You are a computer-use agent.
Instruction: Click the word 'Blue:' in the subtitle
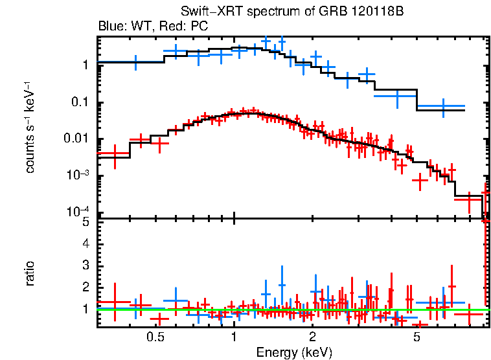pyautogui.click(x=111, y=27)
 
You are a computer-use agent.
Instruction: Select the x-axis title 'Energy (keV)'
pyautogui.click(x=294, y=352)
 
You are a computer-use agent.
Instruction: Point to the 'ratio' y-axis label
pyautogui.click(x=30, y=273)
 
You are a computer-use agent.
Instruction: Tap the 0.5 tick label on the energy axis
pyautogui.click(x=154, y=337)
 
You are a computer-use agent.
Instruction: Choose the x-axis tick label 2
pyautogui.click(x=312, y=337)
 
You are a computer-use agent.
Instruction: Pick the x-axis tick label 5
pyautogui.click(x=417, y=337)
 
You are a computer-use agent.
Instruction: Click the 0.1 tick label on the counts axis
pyautogui.click(x=80, y=102)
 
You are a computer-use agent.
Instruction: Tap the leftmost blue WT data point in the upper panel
pyautogui.click(x=135, y=62)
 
